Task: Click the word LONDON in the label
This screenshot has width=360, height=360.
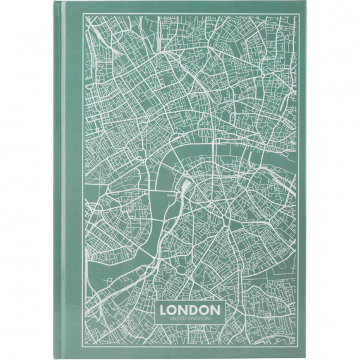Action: [x=190, y=310]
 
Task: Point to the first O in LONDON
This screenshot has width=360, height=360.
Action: [x=174, y=310]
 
